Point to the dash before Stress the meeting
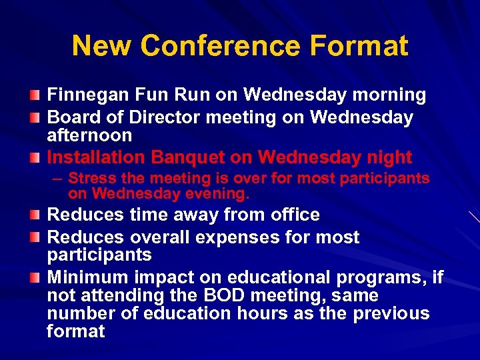(x=58, y=179)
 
